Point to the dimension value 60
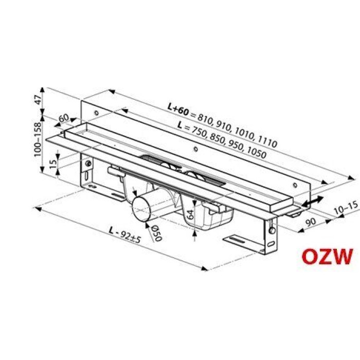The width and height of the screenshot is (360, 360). click(x=64, y=119)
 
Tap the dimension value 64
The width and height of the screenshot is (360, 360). click(x=190, y=213)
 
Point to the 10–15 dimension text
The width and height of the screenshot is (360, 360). click(x=344, y=208)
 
